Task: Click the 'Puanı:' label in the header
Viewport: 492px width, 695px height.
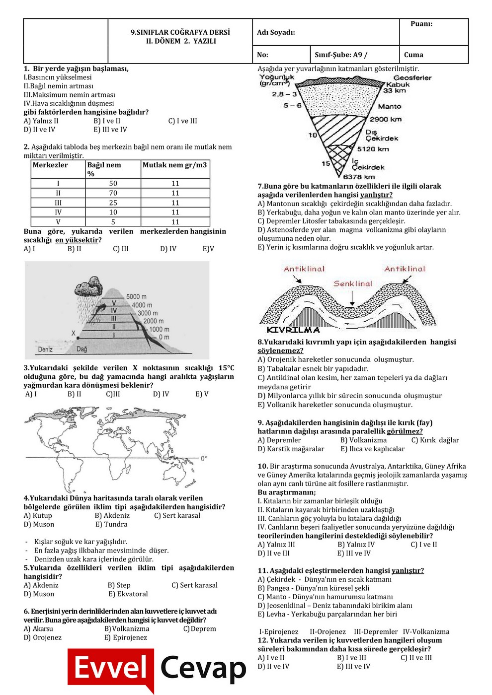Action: click(x=421, y=24)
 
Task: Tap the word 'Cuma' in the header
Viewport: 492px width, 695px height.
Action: click(x=413, y=55)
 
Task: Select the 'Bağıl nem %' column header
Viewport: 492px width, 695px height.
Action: click(x=104, y=169)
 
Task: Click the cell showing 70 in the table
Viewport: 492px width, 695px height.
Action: click(x=113, y=193)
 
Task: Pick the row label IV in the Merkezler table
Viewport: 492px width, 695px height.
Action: click(x=58, y=212)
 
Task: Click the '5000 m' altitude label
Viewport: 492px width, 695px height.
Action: click(x=136, y=296)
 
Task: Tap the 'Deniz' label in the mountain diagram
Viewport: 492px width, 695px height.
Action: click(x=45, y=349)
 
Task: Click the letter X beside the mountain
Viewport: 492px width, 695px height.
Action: click(x=74, y=333)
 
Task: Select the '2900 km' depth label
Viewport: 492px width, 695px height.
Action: click(x=386, y=119)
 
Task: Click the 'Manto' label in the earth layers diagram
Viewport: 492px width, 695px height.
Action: click(x=390, y=106)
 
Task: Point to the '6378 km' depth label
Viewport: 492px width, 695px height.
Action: click(x=359, y=177)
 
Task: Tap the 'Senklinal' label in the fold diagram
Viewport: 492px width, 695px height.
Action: click(x=353, y=284)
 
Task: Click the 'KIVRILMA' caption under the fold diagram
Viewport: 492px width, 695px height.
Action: click(x=293, y=330)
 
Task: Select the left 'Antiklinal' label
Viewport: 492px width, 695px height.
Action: click(x=304, y=269)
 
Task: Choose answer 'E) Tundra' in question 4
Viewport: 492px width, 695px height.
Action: click(x=111, y=524)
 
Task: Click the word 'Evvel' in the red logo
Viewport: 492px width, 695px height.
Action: click(x=111, y=668)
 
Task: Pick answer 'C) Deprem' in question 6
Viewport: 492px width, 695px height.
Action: click(x=200, y=628)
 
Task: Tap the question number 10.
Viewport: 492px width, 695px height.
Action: click(x=262, y=466)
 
